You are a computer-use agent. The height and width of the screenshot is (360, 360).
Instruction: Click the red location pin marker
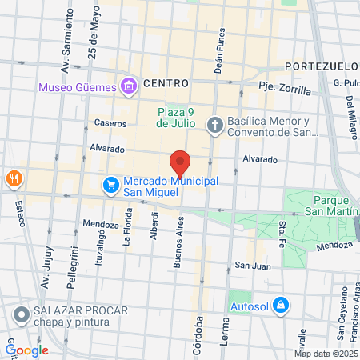[180, 163]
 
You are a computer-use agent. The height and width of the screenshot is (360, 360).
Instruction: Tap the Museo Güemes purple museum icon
[128, 86]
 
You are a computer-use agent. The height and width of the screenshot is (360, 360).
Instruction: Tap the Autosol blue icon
[281, 305]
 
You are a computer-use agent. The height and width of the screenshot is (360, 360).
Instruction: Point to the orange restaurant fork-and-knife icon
[12, 178]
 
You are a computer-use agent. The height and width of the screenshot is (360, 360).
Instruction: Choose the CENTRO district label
[166, 83]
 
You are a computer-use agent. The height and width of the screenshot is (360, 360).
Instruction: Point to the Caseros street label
[110, 124]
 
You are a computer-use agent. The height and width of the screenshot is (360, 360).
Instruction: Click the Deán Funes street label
[221, 36]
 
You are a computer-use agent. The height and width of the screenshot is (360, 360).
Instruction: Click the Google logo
[27, 350]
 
